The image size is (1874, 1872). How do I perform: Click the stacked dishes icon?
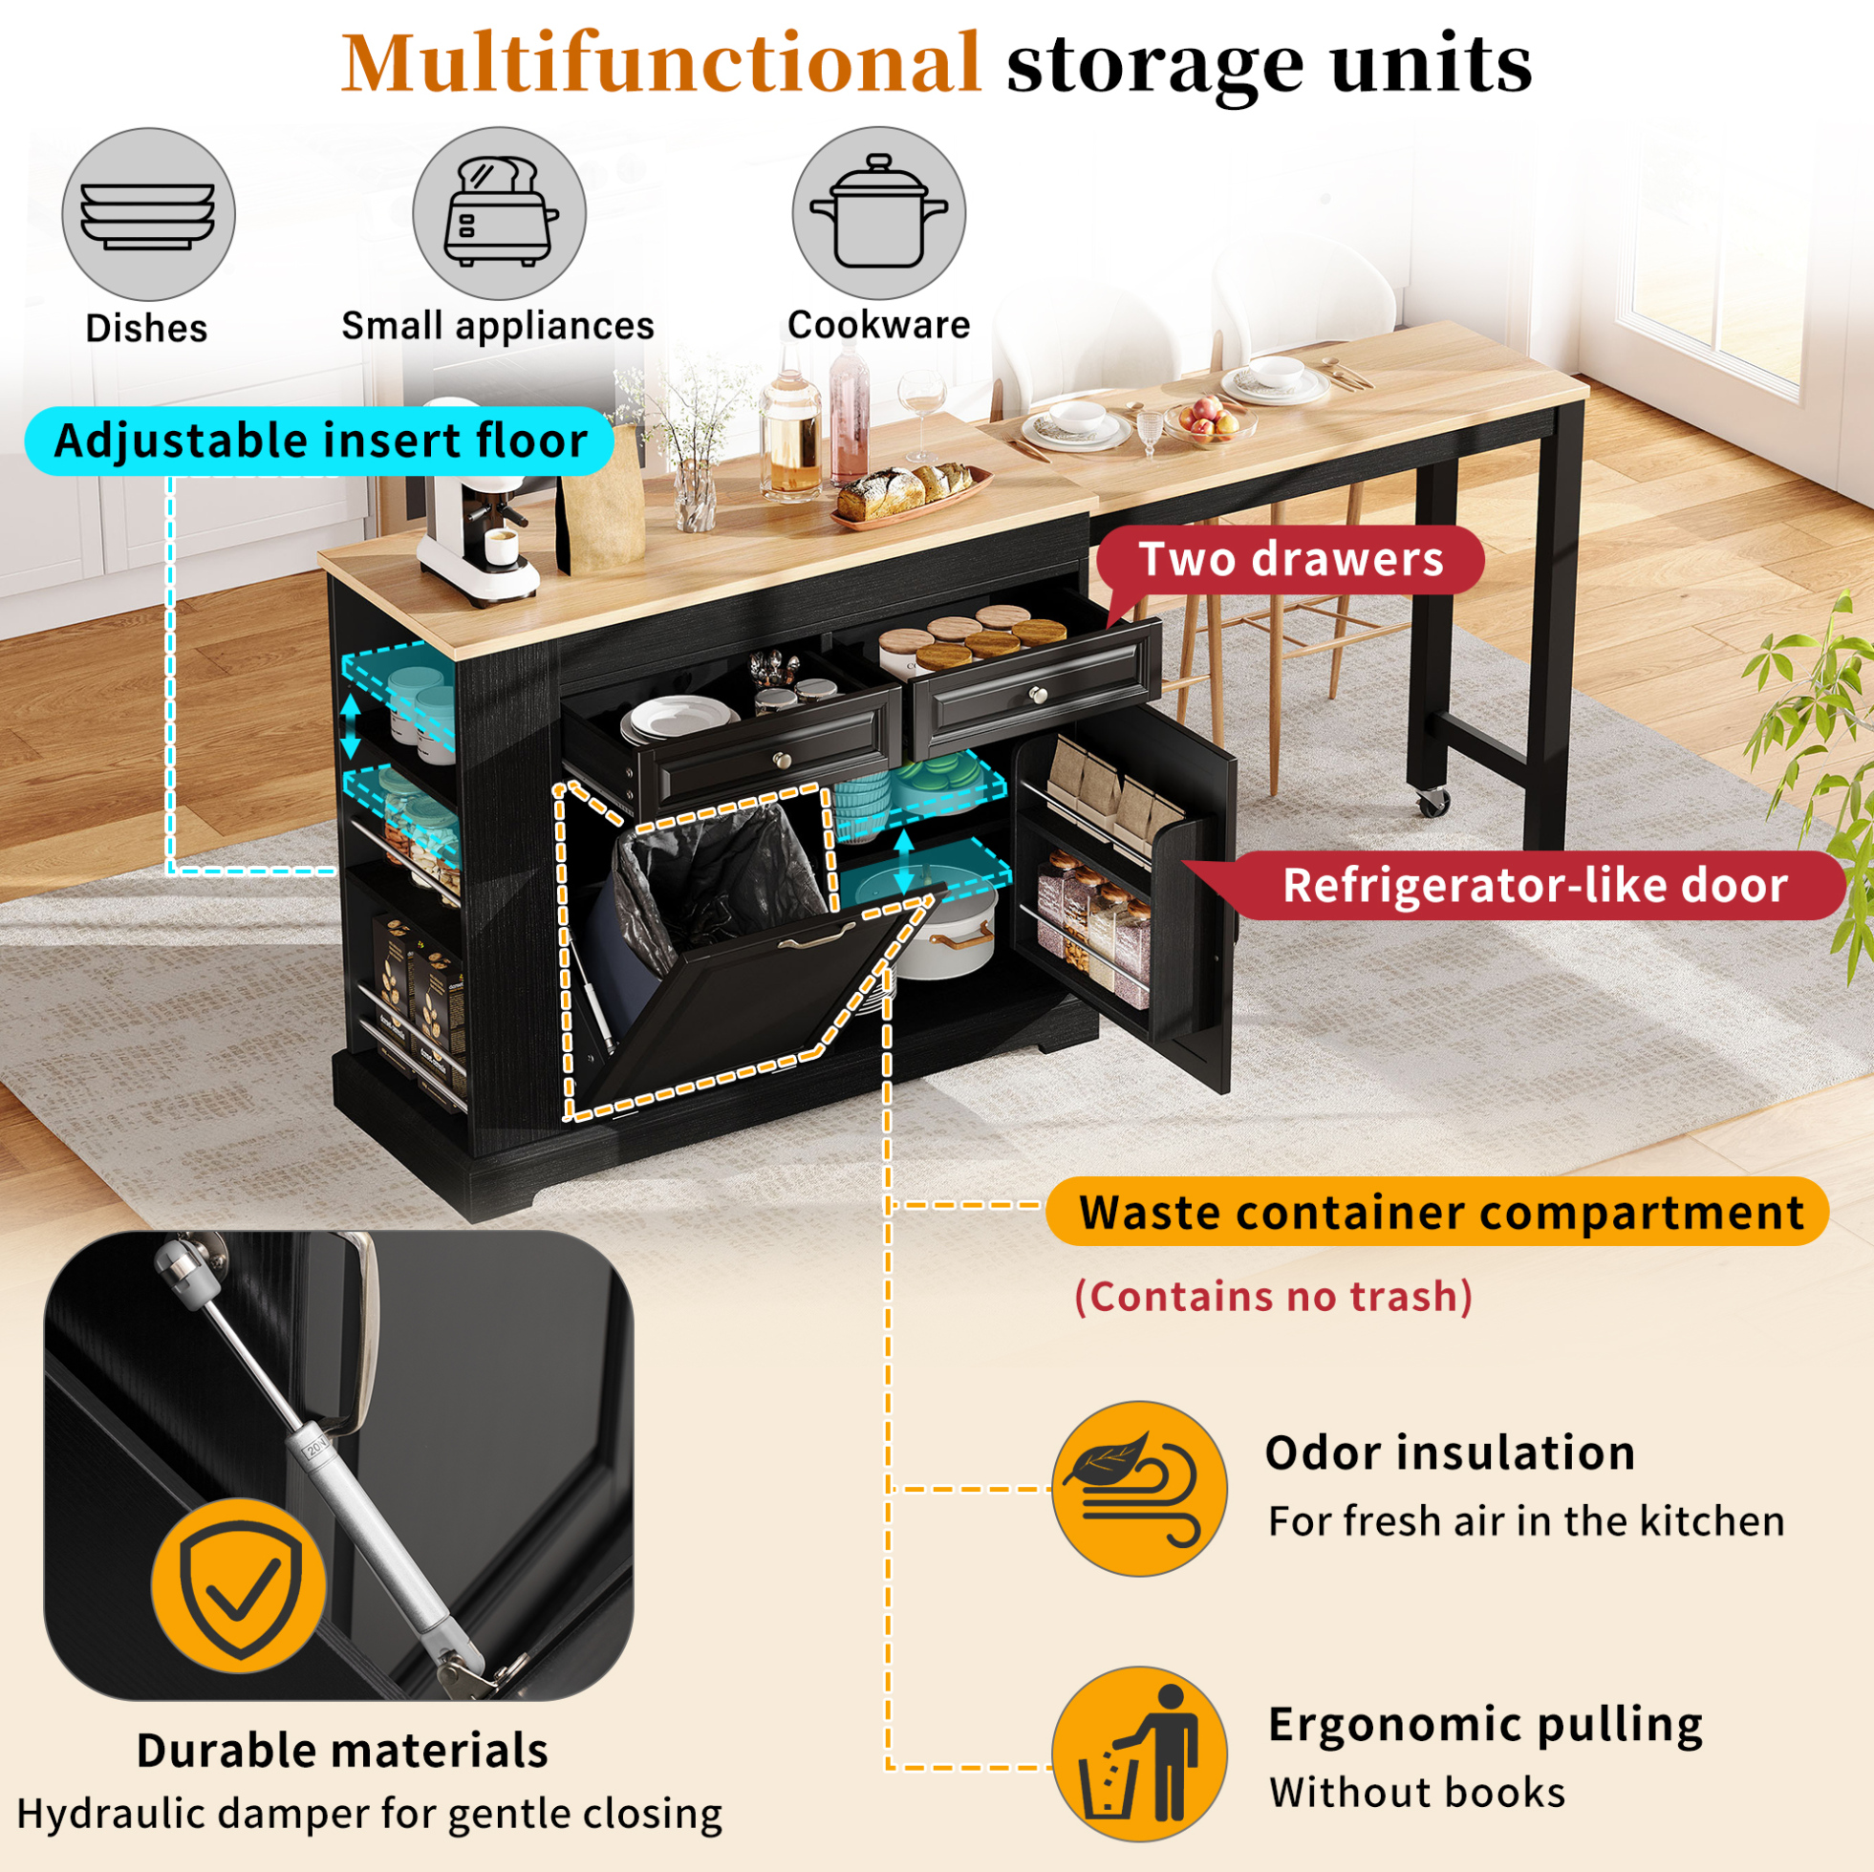pyautogui.click(x=148, y=214)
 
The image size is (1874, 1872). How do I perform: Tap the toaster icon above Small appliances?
pyautogui.click(x=500, y=213)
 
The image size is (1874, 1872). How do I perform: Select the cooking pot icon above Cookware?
pyautogui.click(x=879, y=212)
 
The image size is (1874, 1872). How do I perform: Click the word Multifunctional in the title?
pyautogui.click(x=661, y=64)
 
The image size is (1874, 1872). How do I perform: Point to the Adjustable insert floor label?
pyautogui.click(x=320, y=441)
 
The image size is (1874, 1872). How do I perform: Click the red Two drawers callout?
pyautogui.click(x=1290, y=560)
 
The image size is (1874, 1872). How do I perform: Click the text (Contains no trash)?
pyautogui.click(x=1274, y=1297)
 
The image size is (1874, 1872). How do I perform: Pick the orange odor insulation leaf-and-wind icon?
pyautogui.click(x=1139, y=1488)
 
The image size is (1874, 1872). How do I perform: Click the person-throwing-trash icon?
pyautogui.click(x=1139, y=1754)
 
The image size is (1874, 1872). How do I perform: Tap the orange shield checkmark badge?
pyautogui.click(x=239, y=1586)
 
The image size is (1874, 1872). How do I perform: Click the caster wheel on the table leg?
pyautogui.click(x=1431, y=801)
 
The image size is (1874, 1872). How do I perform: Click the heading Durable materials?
pyautogui.click(x=342, y=1751)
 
